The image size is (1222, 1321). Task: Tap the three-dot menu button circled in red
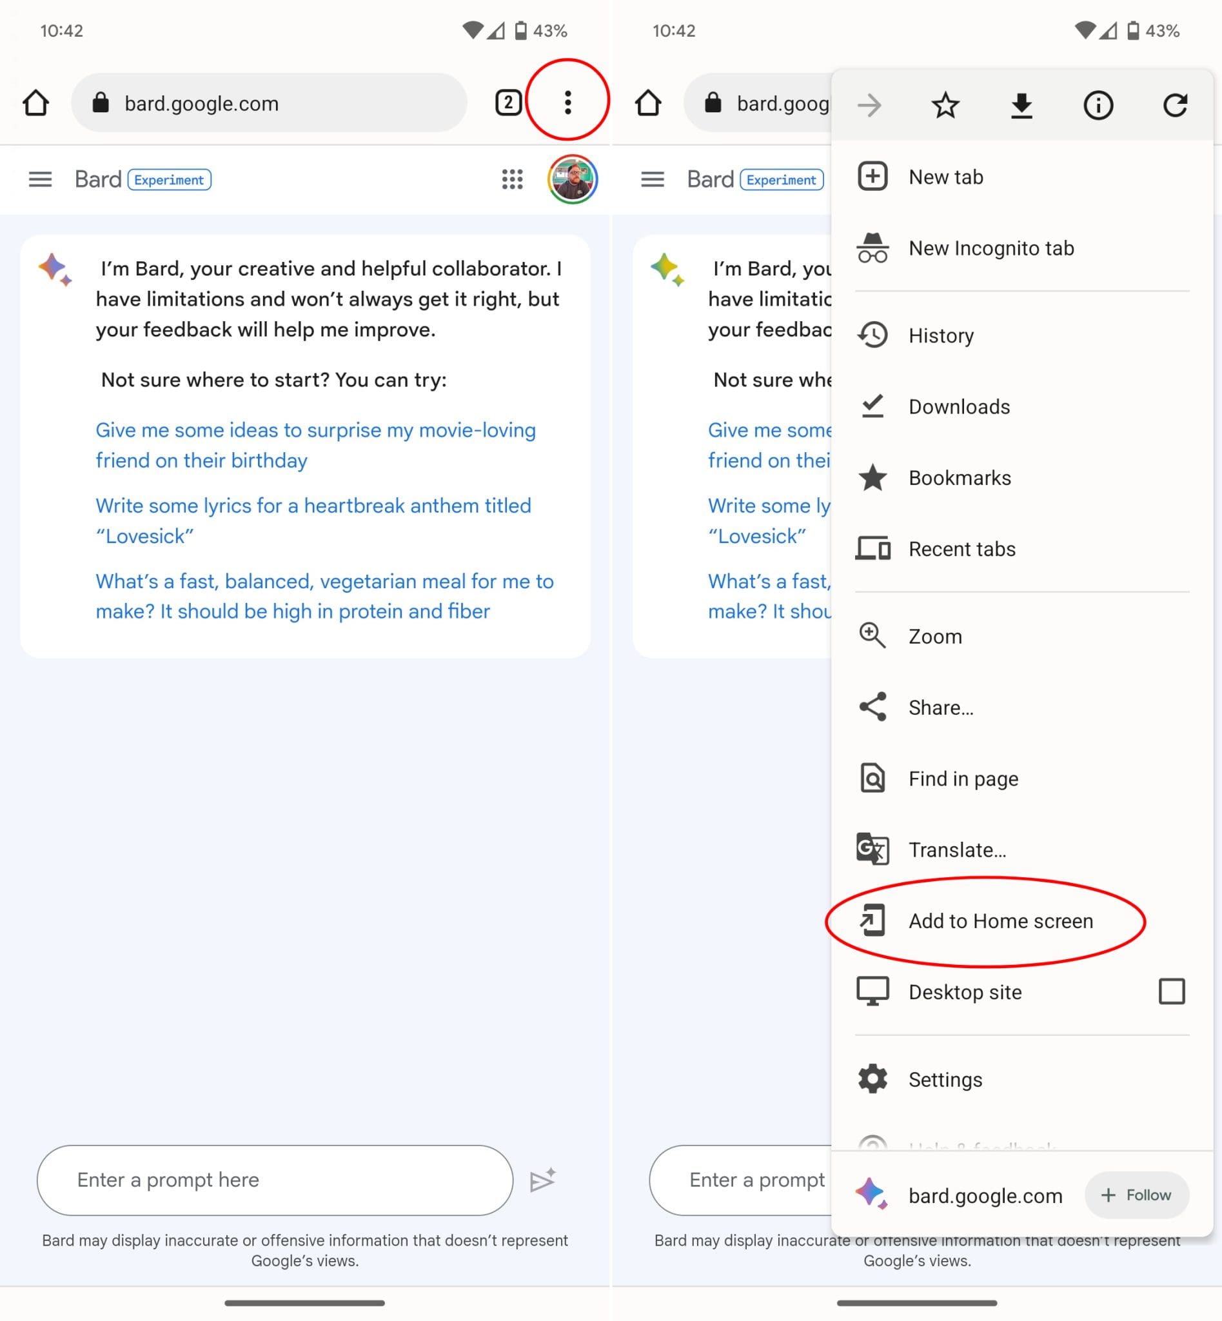click(x=567, y=103)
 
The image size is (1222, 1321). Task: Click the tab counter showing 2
click(x=508, y=103)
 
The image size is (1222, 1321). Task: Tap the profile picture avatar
click(x=572, y=179)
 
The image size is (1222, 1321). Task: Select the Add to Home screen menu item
click(x=1000, y=921)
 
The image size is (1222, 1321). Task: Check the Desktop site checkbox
click(x=1171, y=991)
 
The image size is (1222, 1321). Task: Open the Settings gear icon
click(x=872, y=1079)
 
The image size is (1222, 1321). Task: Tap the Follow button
click(x=1136, y=1195)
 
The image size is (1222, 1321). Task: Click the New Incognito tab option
click(x=990, y=248)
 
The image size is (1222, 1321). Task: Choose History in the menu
click(x=940, y=335)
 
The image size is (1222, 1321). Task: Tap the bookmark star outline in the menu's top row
click(x=945, y=105)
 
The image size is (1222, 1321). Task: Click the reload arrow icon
click(x=1174, y=105)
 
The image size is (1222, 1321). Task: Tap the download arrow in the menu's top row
click(x=1021, y=105)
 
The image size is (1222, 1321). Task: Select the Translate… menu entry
click(x=957, y=849)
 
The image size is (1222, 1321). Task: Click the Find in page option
click(x=963, y=779)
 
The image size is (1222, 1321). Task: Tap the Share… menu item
click(x=940, y=707)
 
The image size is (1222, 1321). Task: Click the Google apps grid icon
click(x=512, y=179)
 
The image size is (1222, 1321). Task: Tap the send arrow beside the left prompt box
click(x=543, y=1180)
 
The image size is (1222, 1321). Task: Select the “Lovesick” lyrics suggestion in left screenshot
click(x=313, y=521)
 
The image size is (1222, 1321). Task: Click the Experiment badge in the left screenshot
click(x=170, y=180)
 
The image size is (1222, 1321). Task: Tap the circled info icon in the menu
click(x=1098, y=105)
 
